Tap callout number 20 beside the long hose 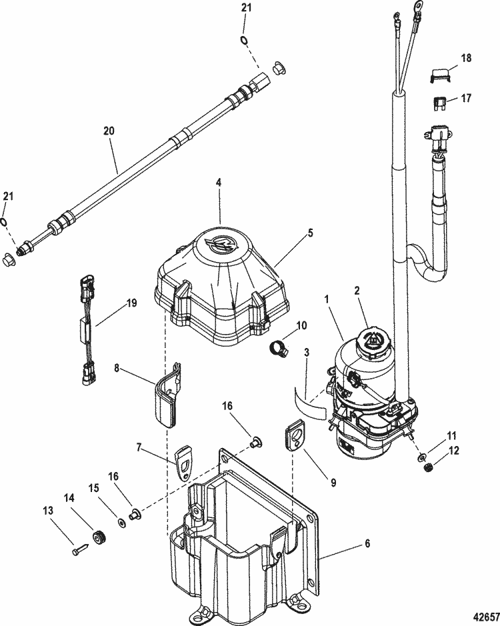(x=109, y=131)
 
